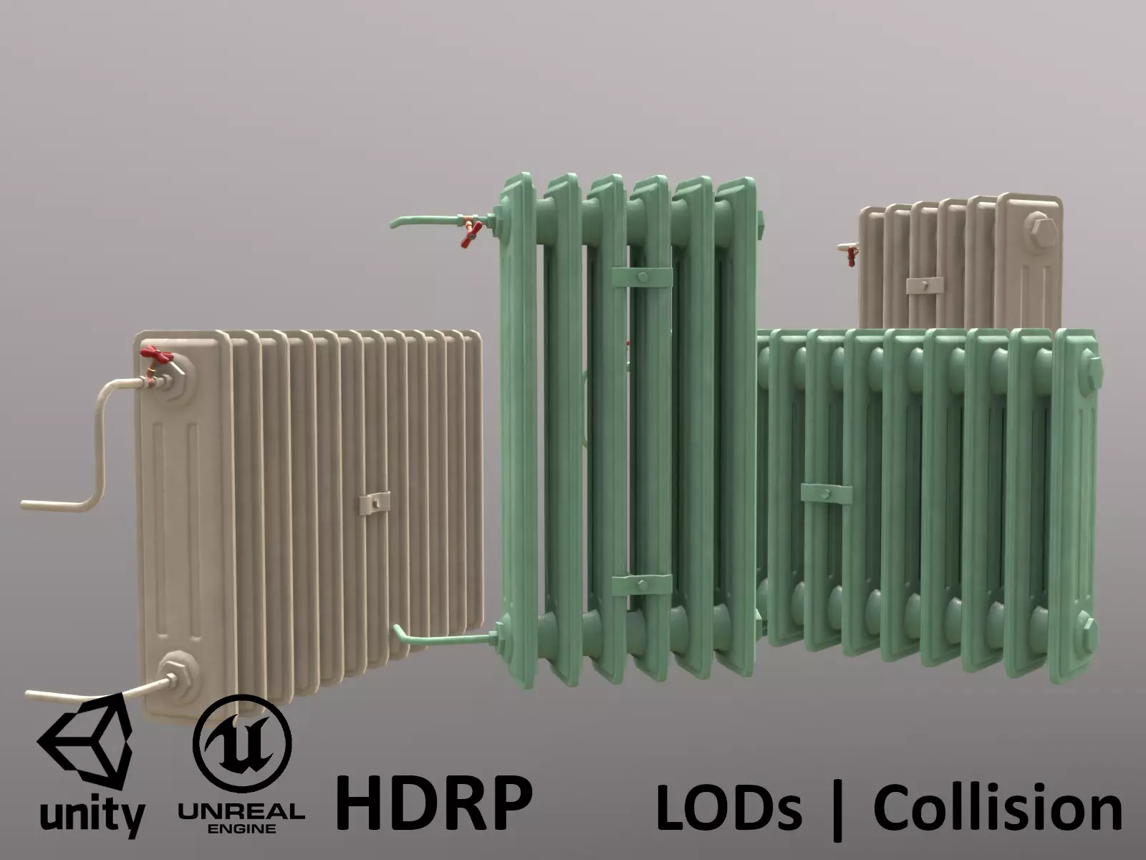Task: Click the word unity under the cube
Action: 92,816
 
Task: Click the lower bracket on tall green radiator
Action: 642,584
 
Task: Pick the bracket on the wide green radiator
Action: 826,494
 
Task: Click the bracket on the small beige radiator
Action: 925,285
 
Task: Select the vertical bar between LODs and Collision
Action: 836,810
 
